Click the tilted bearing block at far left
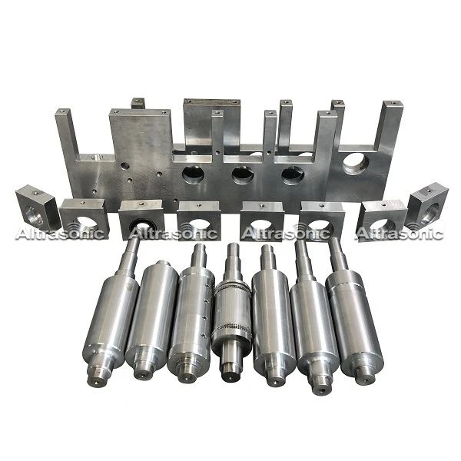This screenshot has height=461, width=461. tap(35, 207)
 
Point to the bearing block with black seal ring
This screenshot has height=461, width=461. tap(141, 219)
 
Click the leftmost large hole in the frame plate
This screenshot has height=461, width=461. tap(193, 174)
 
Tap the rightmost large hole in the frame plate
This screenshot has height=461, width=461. tap(356, 164)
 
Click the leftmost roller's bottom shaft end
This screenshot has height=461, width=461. tap(98, 380)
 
